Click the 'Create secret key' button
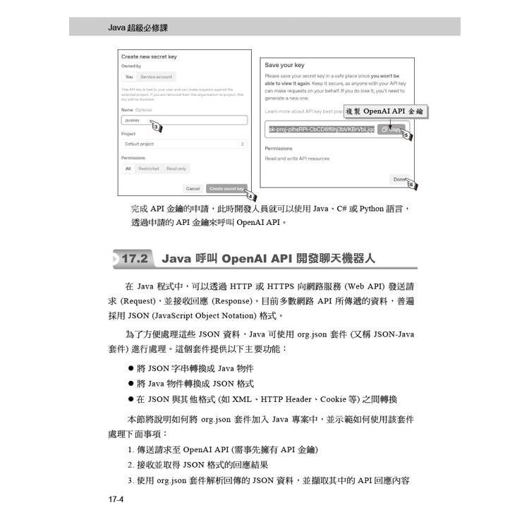click(226, 188)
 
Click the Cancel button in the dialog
click(193, 188)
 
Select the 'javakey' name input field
click(183, 121)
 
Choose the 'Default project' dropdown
click(183, 144)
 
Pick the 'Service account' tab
click(156, 77)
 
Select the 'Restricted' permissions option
click(148, 169)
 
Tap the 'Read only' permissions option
click(176, 169)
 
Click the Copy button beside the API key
click(391, 130)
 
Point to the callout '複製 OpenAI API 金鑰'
click(386, 111)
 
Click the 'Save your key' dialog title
click(284, 65)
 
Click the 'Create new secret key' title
click(149, 56)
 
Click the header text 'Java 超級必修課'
click(139, 28)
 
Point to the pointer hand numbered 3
click(155, 126)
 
